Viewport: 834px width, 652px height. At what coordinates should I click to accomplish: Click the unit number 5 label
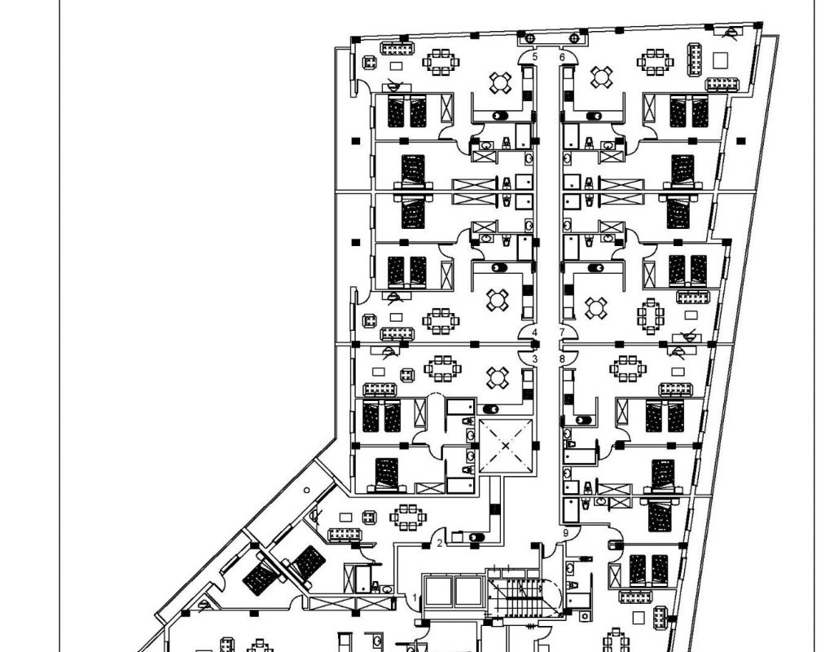tap(535, 57)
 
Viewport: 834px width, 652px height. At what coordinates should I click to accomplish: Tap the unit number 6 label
tap(562, 57)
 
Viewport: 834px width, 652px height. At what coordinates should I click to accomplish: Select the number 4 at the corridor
tap(535, 333)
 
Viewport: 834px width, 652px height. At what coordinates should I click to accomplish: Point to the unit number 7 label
tap(561, 333)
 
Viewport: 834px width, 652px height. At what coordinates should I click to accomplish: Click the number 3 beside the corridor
tap(535, 359)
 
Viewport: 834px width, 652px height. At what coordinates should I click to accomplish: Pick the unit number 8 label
tap(561, 359)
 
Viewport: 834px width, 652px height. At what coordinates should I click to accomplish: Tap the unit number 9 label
tap(566, 533)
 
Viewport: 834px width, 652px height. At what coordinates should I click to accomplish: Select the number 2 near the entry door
tap(440, 543)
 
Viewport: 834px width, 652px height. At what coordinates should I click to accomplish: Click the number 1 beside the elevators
tap(415, 597)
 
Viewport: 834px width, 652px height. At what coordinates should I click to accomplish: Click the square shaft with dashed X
tap(505, 446)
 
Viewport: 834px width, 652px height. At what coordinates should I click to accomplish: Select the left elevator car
tap(438, 591)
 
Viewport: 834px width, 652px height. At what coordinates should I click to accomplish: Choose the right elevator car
tap(468, 591)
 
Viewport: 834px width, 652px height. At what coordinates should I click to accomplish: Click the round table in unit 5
tap(499, 81)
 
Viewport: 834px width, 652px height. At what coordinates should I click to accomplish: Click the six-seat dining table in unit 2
tap(405, 515)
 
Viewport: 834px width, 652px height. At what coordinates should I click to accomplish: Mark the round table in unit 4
tap(496, 300)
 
